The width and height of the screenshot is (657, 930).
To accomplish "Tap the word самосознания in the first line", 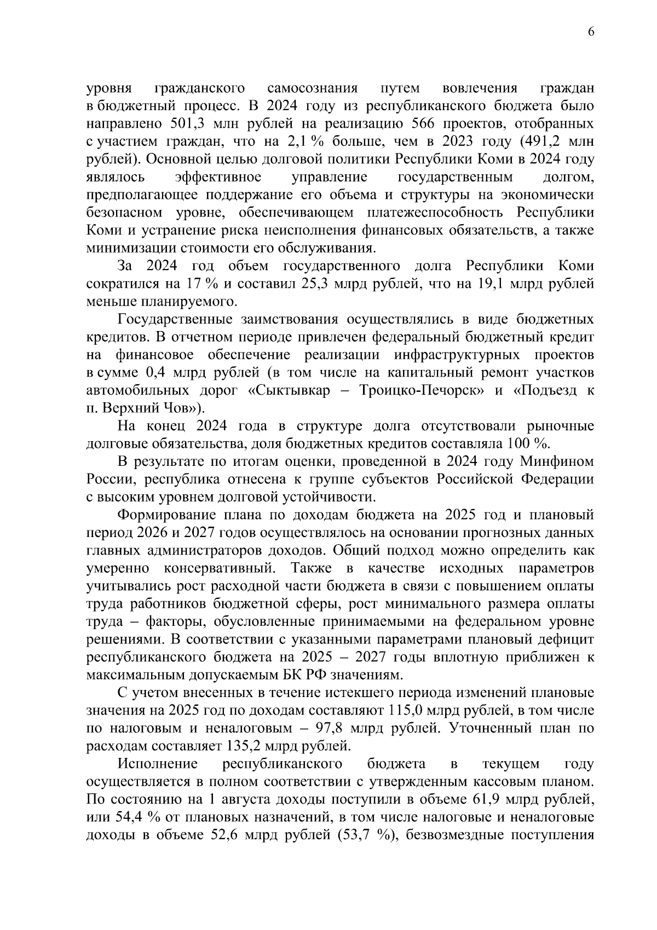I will point(312,88).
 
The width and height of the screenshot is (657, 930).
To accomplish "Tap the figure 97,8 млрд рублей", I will point(331,729).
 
